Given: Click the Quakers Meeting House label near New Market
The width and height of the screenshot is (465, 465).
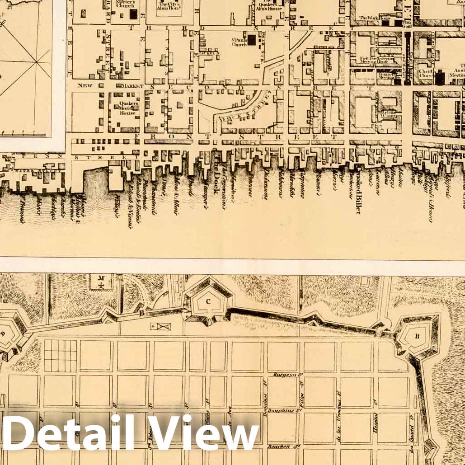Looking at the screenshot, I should point(123,108).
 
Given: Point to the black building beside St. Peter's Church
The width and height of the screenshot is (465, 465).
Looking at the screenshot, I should point(133,14).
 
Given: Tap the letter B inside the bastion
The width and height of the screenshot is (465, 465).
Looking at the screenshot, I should point(417,336).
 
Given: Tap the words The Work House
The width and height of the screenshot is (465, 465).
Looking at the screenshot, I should point(374,18).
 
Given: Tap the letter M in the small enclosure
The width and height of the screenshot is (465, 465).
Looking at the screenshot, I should point(102,278).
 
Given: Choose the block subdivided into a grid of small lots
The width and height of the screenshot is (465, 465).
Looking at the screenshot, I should point(61,356).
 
